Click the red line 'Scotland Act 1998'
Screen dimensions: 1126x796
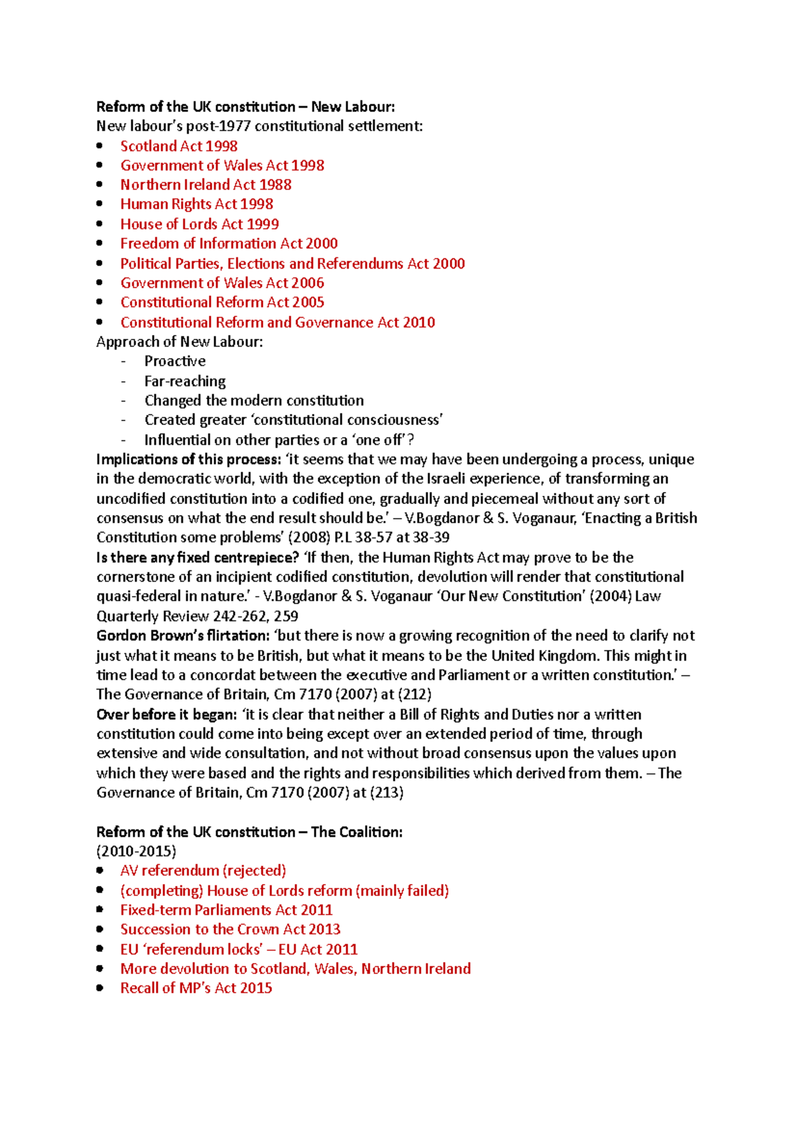(178, 146)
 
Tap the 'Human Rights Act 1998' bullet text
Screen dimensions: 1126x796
(196, 204)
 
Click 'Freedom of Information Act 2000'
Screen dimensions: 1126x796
(229, 243)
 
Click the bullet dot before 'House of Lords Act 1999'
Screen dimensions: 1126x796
(99, 224)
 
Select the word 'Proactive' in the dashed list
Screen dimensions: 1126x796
(175, 361)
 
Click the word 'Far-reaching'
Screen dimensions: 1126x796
(185, 381)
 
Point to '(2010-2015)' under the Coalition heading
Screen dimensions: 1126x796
(136, 851)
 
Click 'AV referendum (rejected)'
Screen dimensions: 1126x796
(203, 871)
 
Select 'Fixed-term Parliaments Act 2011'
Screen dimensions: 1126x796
(226, 910)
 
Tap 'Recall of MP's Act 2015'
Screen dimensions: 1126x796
(196, 988)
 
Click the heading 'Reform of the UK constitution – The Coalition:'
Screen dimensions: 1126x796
(249, 832)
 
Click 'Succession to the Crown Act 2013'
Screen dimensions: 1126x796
(230, 930)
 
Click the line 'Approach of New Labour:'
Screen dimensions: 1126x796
(179, 342)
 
